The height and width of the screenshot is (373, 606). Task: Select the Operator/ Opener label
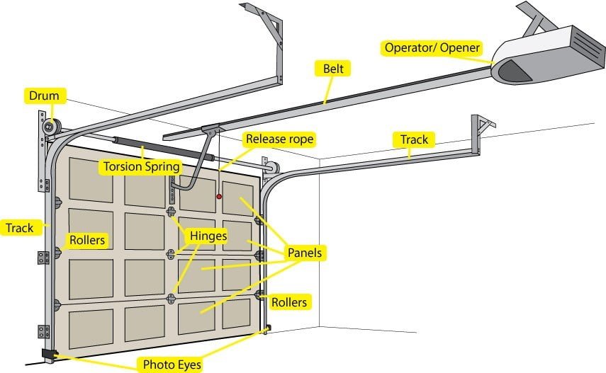tap(432, 48)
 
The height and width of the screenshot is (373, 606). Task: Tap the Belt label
tap(333, 69)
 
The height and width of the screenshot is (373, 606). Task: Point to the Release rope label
tap(279, 139)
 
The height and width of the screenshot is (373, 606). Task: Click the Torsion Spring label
tap(141, 168)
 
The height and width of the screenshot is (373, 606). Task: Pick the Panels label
tap(304, 253)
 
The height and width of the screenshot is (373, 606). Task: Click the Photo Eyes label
tap(172, 365)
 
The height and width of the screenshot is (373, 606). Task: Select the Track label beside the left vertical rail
tap(19, 228)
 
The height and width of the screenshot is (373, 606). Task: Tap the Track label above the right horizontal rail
tap(415, 139)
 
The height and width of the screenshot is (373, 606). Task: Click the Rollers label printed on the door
tap(86, 240)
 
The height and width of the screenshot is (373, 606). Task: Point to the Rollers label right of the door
tap(289, 302)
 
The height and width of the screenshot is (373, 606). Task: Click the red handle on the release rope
tap(219, 197)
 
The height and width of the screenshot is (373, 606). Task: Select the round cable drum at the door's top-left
tap(50, 127)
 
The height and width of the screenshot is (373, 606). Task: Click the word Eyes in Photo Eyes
tap(189, 365)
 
